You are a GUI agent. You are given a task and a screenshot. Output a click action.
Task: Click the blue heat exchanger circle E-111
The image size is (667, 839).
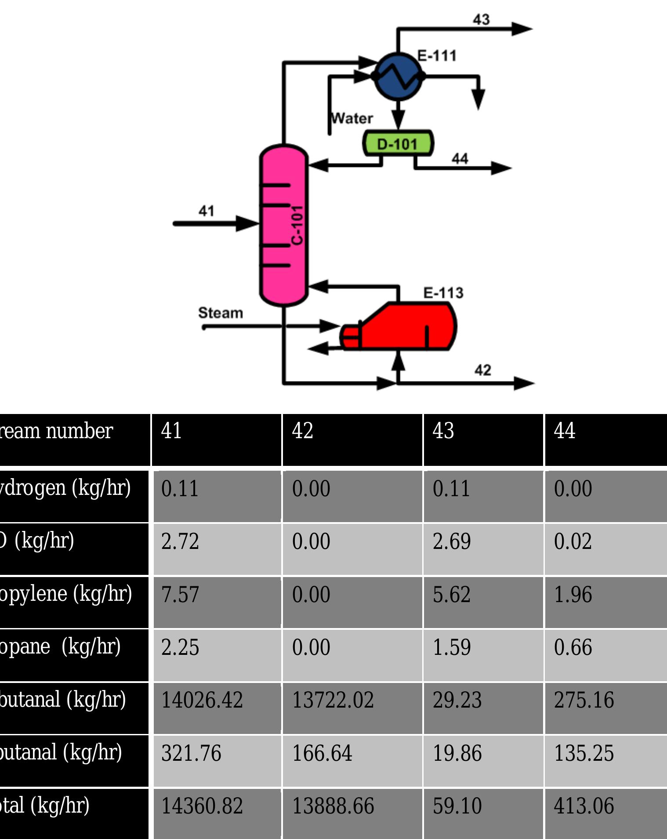(398, 76)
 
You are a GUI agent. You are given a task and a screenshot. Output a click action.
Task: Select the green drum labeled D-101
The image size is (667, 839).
(398, 143)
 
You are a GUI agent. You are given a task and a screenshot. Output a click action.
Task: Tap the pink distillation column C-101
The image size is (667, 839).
(283, 224)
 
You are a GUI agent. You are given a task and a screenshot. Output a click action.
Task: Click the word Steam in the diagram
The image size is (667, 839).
(220, 313)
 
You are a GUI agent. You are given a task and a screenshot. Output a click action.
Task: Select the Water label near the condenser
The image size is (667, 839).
(352, 118)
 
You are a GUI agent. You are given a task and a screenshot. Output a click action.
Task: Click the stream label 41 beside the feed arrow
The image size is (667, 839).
(206, 211)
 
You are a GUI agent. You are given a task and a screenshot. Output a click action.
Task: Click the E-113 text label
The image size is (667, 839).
(443, 293)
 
